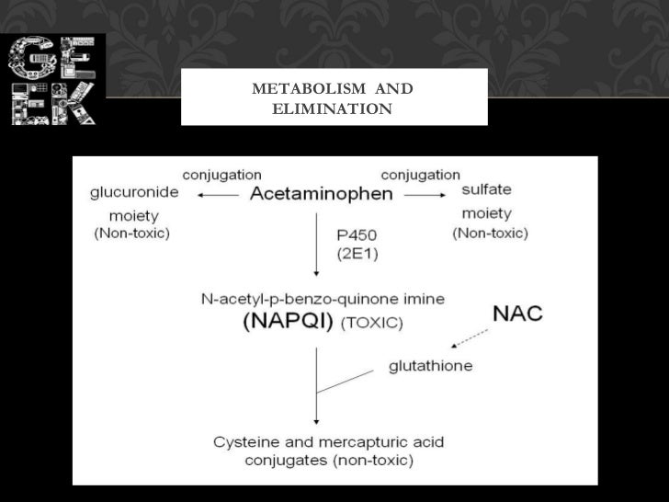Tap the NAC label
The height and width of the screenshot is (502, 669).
[x=517, y=314]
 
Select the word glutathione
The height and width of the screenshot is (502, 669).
[x=430, y=366]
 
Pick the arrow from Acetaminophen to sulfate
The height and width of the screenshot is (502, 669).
[x=424, y=195]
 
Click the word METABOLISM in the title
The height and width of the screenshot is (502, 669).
[x=302, y=89]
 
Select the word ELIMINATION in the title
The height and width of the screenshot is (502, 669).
[x=333, y=109]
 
